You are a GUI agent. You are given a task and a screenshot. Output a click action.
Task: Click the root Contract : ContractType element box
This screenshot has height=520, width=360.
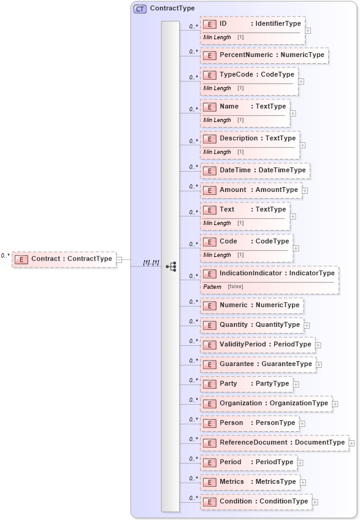coord(64,259)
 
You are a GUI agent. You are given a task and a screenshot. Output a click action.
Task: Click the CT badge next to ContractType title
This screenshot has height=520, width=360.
coord(140,9)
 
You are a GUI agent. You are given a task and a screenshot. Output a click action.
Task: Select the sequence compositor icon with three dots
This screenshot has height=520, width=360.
coord(171,266)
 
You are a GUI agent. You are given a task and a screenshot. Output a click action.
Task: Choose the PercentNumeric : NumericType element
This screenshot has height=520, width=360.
coord(264,55)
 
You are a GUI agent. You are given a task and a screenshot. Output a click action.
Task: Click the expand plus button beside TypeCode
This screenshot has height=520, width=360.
coord(301,81)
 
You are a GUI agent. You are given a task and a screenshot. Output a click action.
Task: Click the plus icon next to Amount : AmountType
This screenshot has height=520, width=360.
coord(305,191)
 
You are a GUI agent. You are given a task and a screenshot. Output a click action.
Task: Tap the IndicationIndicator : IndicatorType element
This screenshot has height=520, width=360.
coord(269,273)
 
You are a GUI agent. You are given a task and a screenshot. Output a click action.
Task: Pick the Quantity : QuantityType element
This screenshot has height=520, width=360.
coord(252,325)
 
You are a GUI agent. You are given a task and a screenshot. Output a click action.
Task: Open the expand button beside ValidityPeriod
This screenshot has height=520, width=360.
coord(318,345)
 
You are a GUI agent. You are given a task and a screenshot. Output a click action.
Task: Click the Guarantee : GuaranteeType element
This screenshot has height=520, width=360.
coord(258,364)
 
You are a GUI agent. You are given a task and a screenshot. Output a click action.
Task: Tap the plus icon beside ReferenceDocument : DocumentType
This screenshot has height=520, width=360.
coord(351,443)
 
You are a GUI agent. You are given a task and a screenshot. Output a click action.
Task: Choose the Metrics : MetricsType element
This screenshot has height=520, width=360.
coord(250,482)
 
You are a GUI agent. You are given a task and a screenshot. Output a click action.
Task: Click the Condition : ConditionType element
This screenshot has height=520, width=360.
coord(256,502)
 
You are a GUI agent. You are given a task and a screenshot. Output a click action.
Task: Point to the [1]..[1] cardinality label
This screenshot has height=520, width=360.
coord(151,262)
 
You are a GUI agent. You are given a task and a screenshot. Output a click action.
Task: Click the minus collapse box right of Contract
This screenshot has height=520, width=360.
coord(120,259)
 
